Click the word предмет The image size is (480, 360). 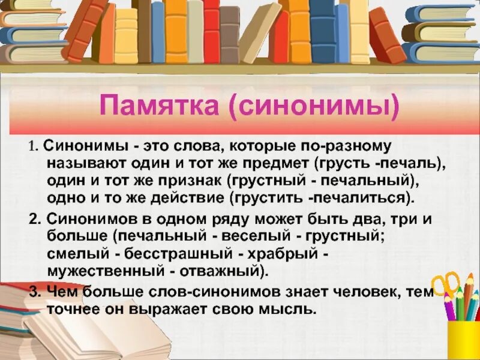280,164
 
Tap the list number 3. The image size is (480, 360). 34,292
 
